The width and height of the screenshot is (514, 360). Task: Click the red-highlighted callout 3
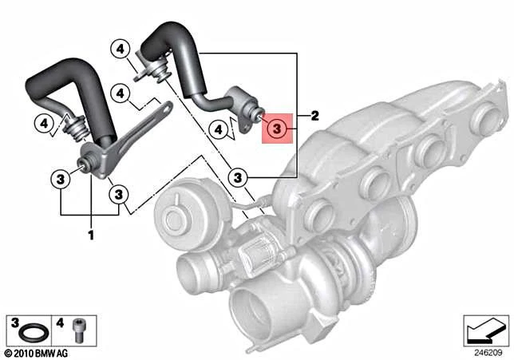277,129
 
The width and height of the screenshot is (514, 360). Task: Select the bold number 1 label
91,235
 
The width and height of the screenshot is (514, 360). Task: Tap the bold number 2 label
314,116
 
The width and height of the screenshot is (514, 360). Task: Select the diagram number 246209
488,353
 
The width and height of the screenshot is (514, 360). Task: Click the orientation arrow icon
486,330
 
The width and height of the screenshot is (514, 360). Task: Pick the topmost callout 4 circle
120,49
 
